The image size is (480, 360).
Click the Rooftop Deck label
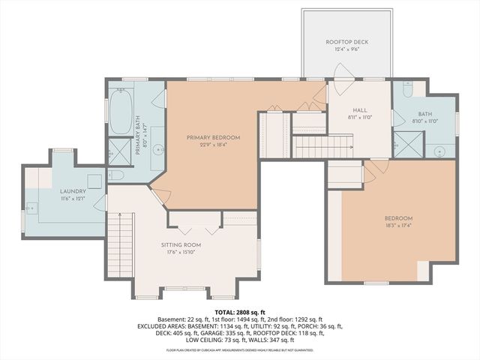346,42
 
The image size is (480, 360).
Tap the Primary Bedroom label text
213,137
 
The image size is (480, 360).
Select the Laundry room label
73,191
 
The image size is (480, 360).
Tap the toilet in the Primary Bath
116,175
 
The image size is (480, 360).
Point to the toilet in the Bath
406,91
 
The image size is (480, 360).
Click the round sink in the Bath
440,148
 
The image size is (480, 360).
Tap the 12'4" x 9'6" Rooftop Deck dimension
346,50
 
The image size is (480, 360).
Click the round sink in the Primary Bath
159,151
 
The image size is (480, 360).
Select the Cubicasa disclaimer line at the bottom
240,349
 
